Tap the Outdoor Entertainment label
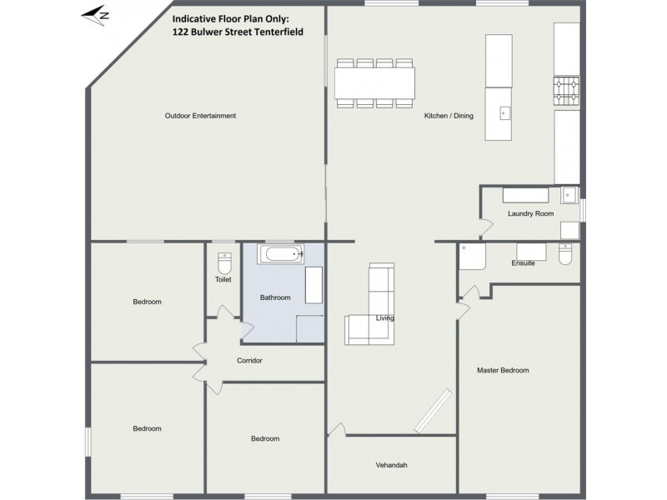[200, 116]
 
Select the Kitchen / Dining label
[449, 116]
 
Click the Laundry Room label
[530, 214]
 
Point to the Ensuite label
[523, 263]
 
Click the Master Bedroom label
[503, 370]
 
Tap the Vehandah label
[391, 466]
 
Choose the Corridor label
[249, 361]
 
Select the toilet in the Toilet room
[223, 263]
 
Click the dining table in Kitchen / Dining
[374, 82]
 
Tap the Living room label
[384, 318]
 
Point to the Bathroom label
[275, 297]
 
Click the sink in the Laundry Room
[569, 196]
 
